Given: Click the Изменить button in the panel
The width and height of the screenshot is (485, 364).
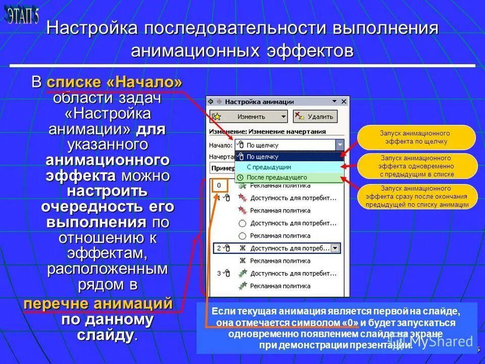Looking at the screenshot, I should (248, 116).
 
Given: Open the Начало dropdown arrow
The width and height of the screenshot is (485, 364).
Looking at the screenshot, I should (340, 145).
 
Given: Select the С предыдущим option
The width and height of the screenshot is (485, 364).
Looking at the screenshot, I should (269, 167).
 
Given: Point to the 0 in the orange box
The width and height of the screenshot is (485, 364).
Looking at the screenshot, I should (219, 186).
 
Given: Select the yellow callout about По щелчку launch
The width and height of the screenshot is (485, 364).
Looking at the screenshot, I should (416, 137).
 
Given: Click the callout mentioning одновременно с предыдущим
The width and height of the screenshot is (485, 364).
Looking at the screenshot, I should (417, 166).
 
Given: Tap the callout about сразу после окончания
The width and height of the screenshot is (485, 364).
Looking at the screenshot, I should (417, 196).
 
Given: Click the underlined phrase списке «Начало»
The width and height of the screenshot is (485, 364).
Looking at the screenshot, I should (115, 82).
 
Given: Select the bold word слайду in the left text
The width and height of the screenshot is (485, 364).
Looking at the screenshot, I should (106, 335).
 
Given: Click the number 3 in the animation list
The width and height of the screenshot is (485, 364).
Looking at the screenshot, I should (219, 274).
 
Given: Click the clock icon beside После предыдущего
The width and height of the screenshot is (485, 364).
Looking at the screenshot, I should (240, 177).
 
